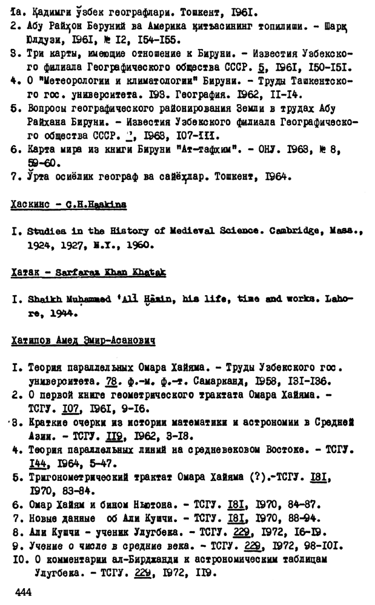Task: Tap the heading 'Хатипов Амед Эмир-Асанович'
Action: coord(83,341)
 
